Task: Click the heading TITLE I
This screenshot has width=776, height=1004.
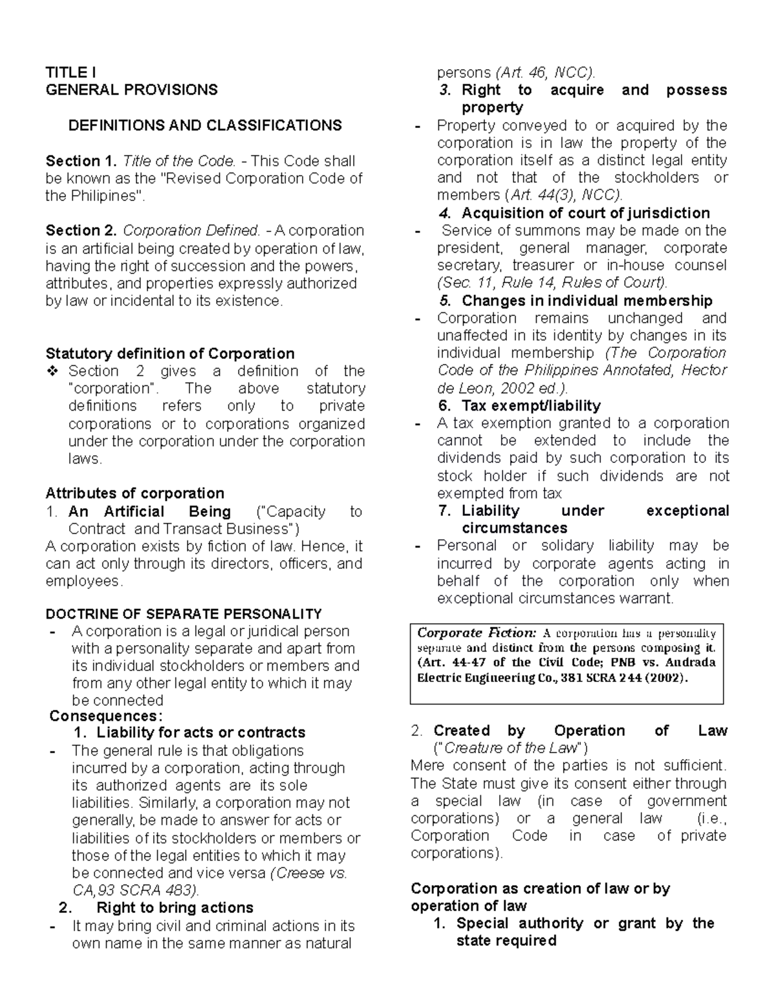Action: point(71,72)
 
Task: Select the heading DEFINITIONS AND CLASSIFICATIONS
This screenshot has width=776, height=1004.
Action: point(205,125)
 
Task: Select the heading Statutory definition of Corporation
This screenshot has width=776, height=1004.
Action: point(169,354)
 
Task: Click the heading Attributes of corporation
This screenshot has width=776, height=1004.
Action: point(135,493)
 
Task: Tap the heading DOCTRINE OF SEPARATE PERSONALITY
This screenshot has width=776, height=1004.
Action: point(183,614)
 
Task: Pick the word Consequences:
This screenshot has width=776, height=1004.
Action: point(106,716)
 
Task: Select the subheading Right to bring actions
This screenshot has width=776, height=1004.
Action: point(175,908)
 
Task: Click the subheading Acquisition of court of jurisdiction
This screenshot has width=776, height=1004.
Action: point(585,213)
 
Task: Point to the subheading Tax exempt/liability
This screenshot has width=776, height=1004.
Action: point(530,406)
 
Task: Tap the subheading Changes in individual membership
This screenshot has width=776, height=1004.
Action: point(587,301)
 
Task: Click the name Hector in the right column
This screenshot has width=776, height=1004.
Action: point(704,370)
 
